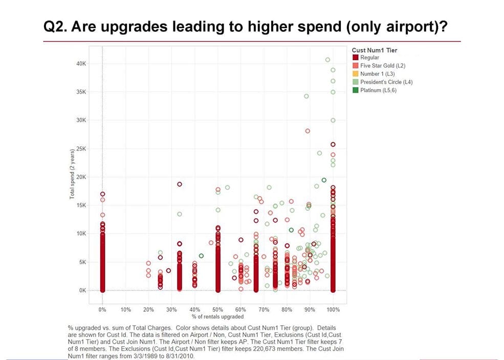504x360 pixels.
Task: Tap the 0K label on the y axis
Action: pyautogui.click(x=83, y=290)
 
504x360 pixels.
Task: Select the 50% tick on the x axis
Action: pyautogui.click(x=217, y=310)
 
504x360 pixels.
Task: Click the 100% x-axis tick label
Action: pyautogui.click(x=333, y=310)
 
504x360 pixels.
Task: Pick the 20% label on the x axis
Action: pyautogui.click(x=148, y=310)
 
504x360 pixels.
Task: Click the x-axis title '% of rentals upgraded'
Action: pyautogui.click(x=217, y=316)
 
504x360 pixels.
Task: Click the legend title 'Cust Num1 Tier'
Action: pyautogui.click(x=375, y=50)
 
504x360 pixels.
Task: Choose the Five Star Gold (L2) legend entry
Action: pyautogui.click(x=382, y=66)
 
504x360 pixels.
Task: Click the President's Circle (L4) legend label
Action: pyautogui.click(x=386, y=82)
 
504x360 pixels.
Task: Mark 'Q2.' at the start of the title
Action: pyautogui.click(x=55, y=27)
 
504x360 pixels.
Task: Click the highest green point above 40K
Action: pyautogui.click(x=328, y=60)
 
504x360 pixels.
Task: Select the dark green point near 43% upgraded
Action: pyautogui.click(x=201, y=256)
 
